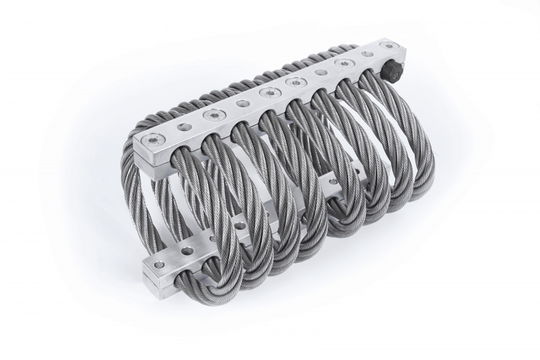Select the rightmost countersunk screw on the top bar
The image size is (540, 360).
[390, 46]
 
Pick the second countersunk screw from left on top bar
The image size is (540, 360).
[212, 114]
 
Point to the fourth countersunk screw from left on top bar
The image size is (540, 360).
[294, 83]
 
